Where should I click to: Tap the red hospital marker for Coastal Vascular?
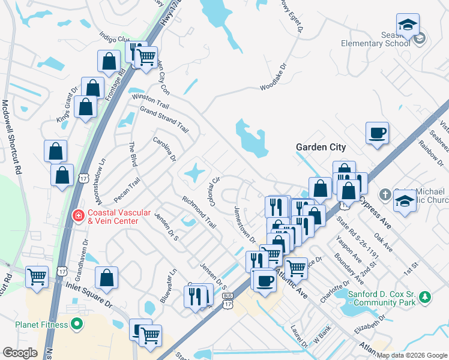click(78, 215)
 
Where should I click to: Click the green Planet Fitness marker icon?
click(76, 325)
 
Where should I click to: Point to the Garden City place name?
click(321, 147)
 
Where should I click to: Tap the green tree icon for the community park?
click(426, 297)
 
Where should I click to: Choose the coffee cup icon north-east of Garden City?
click(377, 132)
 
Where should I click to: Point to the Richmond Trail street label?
click(199, 212)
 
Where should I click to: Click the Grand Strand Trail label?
click(164, 119)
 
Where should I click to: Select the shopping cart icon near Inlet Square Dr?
click(37, 277)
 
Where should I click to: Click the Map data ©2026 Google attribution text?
click(412, 355)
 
